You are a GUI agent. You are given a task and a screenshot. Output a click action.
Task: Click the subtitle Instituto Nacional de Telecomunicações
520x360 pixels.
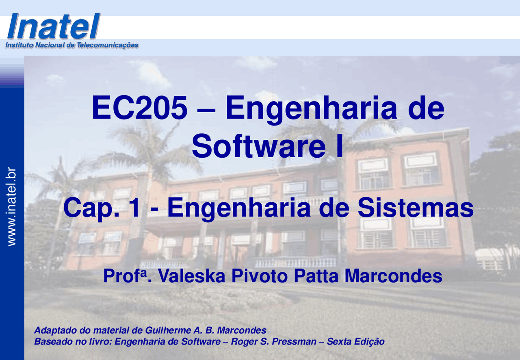72,45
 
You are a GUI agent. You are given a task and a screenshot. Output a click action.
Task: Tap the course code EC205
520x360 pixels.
139,108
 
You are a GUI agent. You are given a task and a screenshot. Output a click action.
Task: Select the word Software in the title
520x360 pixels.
259,146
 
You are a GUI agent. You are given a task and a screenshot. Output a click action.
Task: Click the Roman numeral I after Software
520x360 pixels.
339,146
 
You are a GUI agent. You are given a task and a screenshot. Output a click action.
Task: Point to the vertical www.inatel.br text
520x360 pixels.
12,206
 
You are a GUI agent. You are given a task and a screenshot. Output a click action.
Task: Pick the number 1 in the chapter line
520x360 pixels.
135,207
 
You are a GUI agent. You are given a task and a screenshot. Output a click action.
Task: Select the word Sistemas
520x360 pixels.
416,207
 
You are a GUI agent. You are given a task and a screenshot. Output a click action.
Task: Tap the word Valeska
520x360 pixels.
192,276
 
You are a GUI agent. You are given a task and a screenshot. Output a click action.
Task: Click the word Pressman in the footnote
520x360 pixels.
294,341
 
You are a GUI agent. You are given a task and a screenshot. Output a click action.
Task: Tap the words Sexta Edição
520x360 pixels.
355,342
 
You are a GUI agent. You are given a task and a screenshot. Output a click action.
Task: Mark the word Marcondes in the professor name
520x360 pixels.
393,276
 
